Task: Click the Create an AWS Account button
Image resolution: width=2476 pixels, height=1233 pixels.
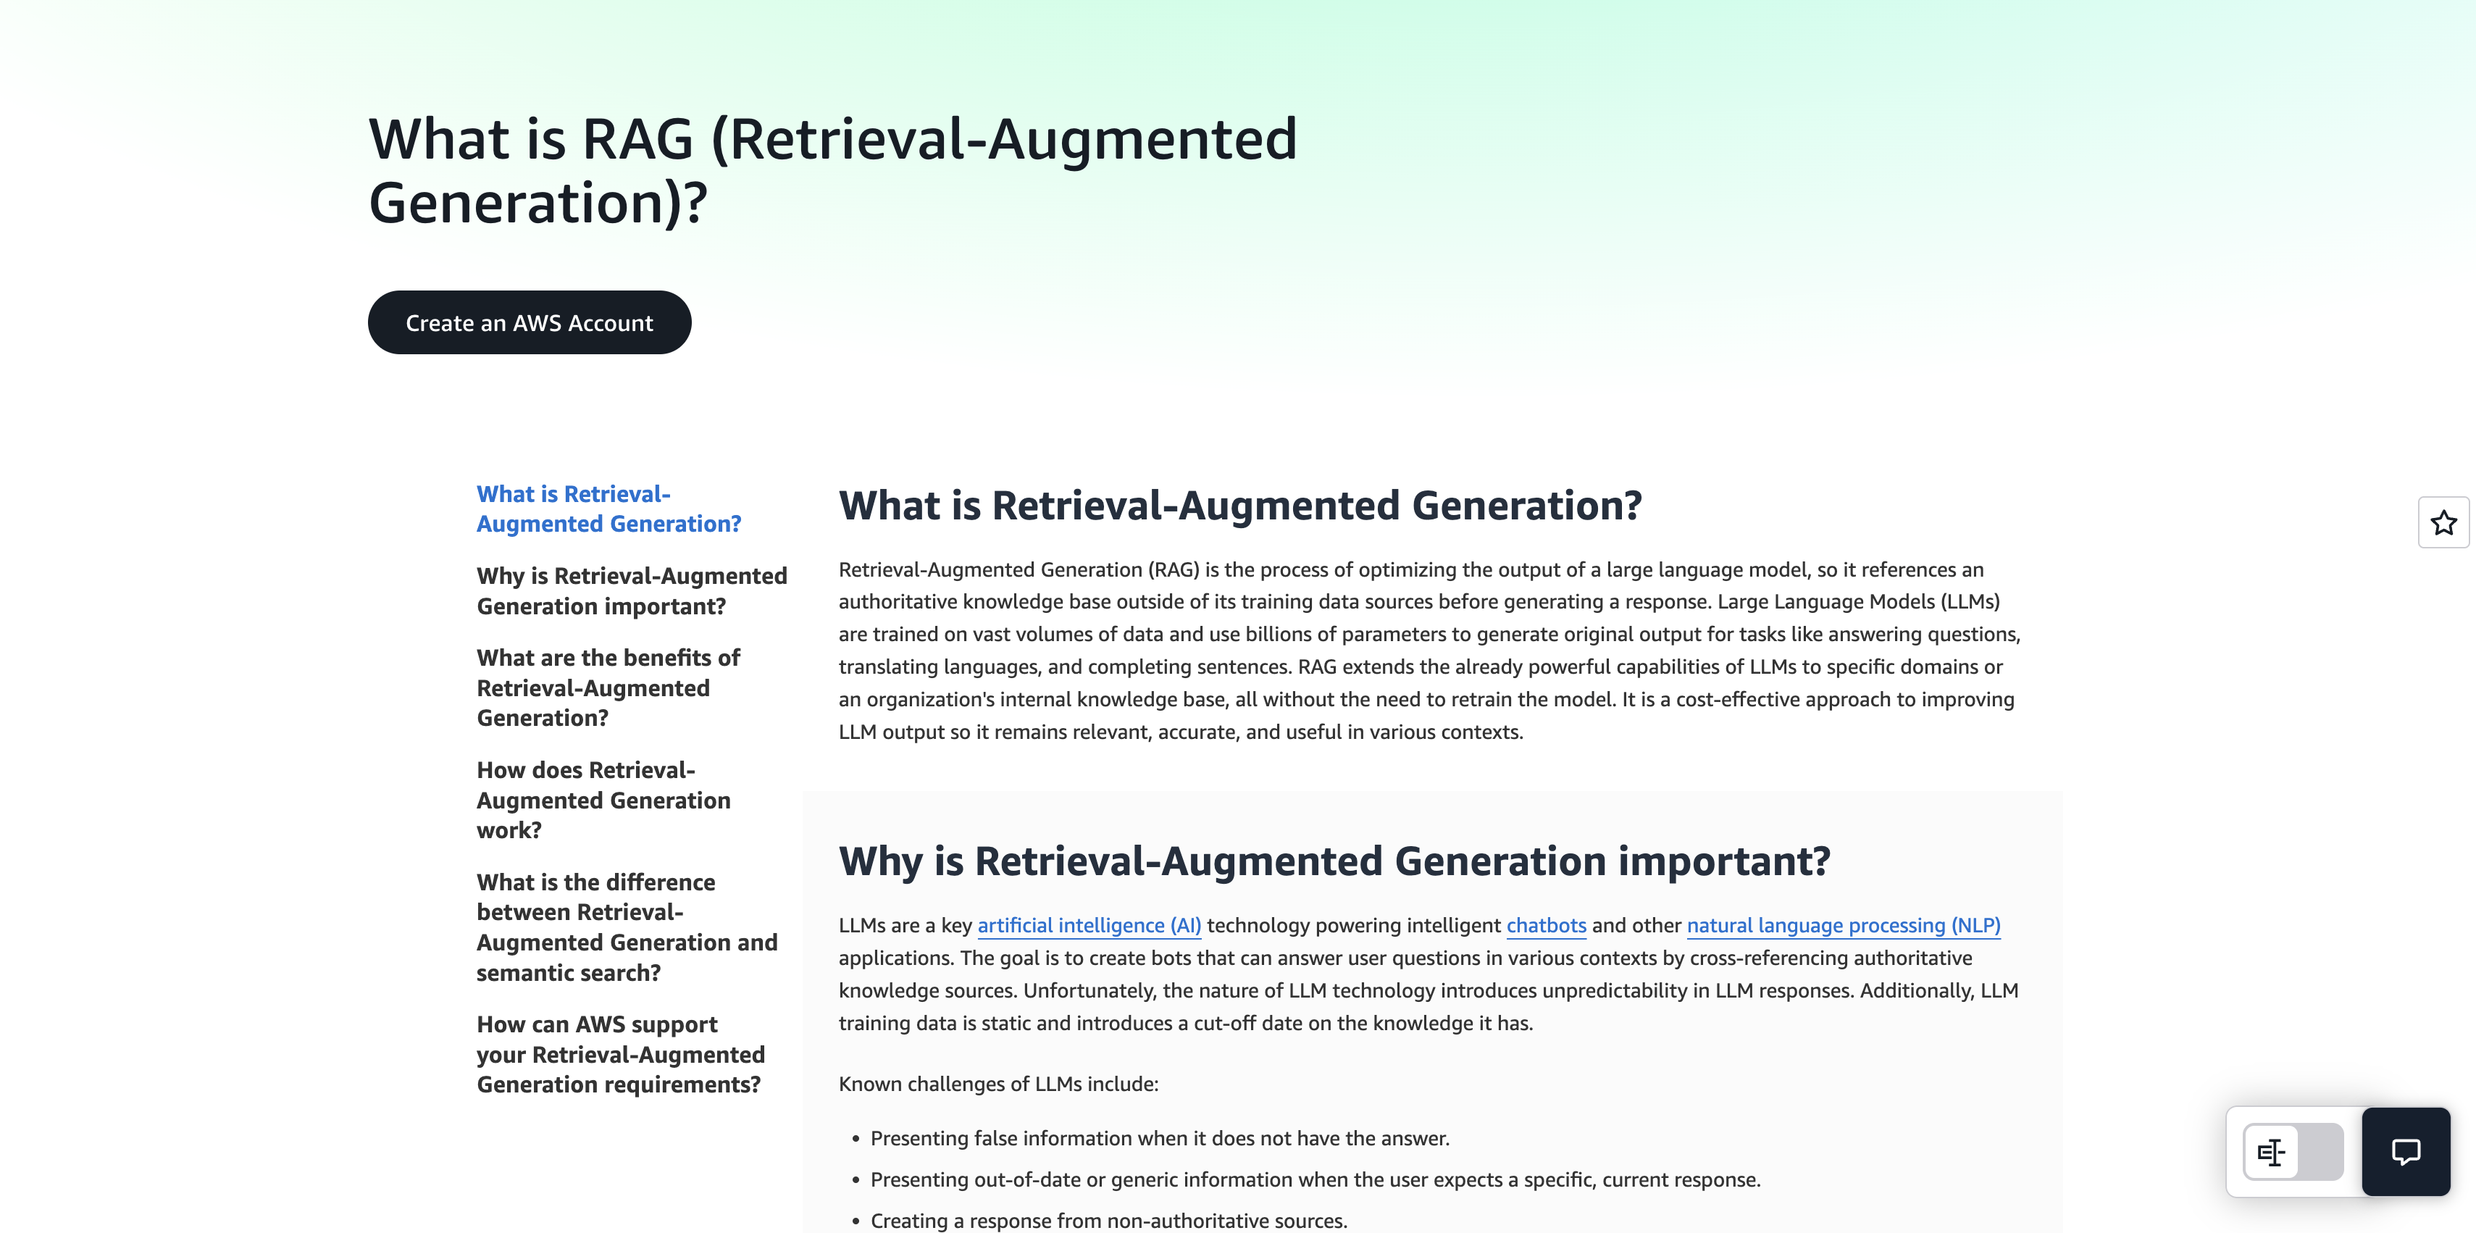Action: click(x=530, y=323)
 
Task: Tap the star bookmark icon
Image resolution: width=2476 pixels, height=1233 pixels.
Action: click(x=2443, y=523)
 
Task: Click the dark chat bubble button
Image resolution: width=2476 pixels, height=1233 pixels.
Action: click(x=2406, y=1151)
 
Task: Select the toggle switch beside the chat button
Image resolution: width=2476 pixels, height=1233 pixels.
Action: click(x=2293, y=1151)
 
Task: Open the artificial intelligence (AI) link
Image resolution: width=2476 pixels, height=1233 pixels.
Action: click(x=1089, y=924)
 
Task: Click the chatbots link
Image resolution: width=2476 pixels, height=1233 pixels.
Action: click(x=1546, y=924)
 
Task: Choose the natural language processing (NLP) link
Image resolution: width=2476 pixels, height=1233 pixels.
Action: click(x=1844, y=924)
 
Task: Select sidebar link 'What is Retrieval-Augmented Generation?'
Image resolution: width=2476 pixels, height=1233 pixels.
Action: click(x=608, y=509)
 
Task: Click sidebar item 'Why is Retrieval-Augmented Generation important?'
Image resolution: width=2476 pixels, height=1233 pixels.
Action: click(x=632, y=590)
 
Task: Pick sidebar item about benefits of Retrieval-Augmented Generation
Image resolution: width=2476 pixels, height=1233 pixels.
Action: click(x=608, y=687)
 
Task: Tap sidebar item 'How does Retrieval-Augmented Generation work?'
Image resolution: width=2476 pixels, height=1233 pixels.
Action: click(x=603, y=800)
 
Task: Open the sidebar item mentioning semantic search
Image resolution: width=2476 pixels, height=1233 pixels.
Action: click(x=627, y=927)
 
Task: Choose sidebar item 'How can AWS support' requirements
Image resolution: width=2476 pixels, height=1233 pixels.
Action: click(x=621, y=1054)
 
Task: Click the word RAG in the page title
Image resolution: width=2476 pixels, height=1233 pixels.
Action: click(x=637, y=138)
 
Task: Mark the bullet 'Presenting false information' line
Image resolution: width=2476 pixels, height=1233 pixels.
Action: click(x=1159, y=1138)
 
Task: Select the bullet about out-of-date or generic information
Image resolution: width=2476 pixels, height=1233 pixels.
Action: click(x=1315, y=1179)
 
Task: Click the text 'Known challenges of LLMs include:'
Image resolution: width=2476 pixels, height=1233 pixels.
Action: click(x=999, y=1083)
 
